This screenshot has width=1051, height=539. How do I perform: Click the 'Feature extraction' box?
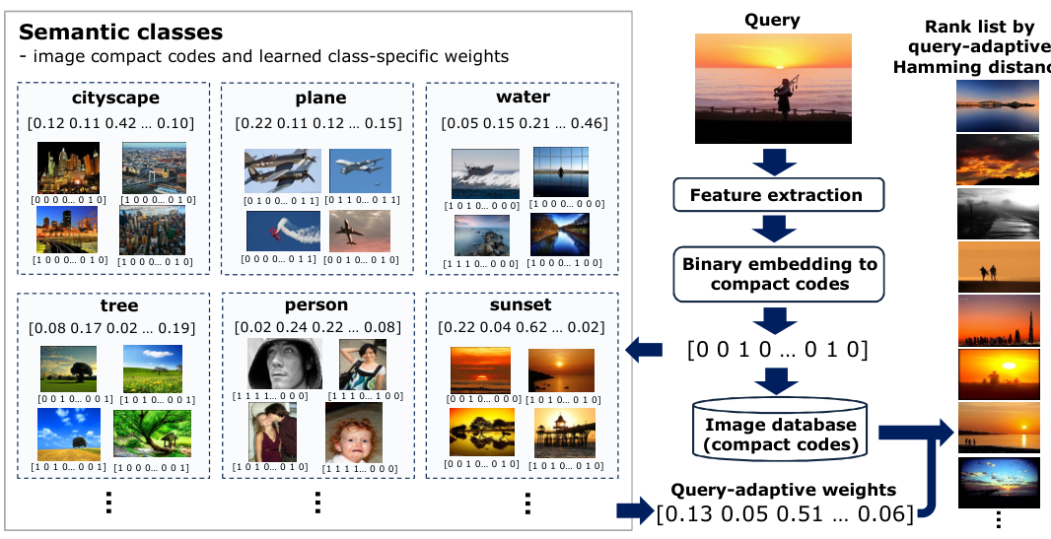[776, 194]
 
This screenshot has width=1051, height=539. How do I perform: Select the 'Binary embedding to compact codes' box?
[779, 274]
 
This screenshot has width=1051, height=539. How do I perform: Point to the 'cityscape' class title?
[115, 99]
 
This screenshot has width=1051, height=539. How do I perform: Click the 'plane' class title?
[320, 99]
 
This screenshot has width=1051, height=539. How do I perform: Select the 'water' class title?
[524, 99]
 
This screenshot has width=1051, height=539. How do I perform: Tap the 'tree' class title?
[119, 305]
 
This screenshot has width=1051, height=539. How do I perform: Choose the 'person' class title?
[316, 305]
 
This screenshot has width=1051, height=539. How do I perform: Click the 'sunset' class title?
[521, 305]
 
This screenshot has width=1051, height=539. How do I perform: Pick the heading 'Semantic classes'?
[120, 34]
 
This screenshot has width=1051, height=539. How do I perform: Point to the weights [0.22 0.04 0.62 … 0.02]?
[521, 327]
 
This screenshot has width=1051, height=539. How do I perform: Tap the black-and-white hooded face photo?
[272, 365]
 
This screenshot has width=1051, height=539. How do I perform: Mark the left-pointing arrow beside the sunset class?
[645, 347]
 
